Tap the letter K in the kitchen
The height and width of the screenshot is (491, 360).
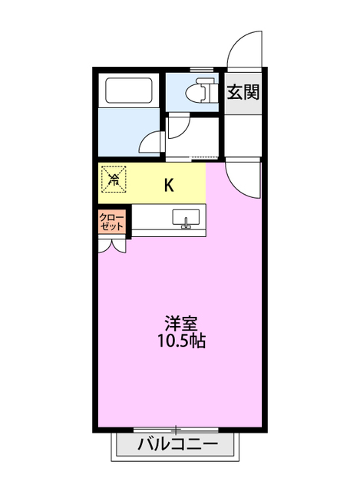(x=168, y=184)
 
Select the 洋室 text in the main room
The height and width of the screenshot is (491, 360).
(x=177, y=323)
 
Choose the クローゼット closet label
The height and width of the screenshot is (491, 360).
(x=112, y=222)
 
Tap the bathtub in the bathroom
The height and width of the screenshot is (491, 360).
(x=130, y=92)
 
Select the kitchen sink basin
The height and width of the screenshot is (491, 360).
(x=186, y=218)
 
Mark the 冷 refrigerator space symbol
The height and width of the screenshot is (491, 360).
(x=114, y=181)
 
